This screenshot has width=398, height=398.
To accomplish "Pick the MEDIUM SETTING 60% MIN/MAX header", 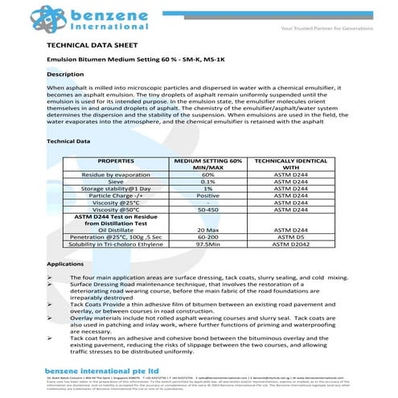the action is click(207, 164).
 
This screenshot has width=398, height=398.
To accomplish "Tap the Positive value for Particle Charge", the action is click(207, 195).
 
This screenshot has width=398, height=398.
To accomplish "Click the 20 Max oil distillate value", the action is click(207, 230).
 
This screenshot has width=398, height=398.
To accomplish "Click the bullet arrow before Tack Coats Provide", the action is click(51, 306).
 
